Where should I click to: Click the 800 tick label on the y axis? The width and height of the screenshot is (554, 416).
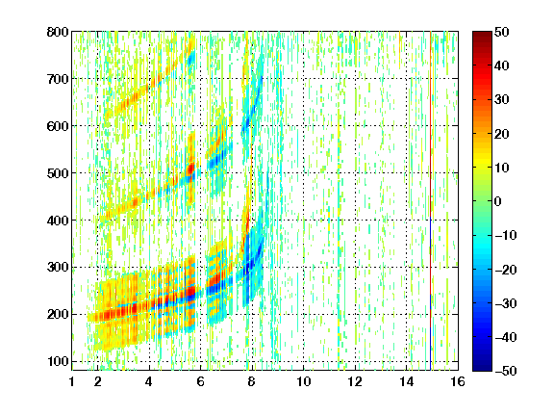point(58,32)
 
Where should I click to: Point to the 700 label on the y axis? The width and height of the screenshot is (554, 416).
point(58,79)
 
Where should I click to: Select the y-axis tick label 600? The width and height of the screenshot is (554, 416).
point(58,126)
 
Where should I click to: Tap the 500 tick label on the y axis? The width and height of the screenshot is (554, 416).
point(58,173)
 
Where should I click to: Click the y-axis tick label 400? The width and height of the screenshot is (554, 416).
point(58,221)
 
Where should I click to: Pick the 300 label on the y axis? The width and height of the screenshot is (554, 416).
point(58,268)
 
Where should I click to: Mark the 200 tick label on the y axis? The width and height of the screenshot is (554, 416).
point(58,315)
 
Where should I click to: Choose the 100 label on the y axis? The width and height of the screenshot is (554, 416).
point(58,361)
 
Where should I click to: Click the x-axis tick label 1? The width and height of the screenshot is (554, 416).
point(72,381)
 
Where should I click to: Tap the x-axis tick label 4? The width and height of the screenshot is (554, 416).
point(149,381)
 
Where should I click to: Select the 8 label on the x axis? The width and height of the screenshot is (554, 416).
point(251,381)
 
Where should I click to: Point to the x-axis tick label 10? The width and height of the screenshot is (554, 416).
point(304,381)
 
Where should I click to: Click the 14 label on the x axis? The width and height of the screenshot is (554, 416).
point(407,381)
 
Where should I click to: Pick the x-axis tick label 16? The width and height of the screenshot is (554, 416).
point(458,381)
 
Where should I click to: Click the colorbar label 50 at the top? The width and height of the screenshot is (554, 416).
point(501,32)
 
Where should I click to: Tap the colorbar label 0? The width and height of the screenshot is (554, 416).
point(498,201)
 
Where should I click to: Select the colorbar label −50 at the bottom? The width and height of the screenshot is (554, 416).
point(506,371)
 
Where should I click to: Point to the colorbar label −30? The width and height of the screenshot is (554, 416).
point(506,303)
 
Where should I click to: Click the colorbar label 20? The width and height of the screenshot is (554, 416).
point(501,134)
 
